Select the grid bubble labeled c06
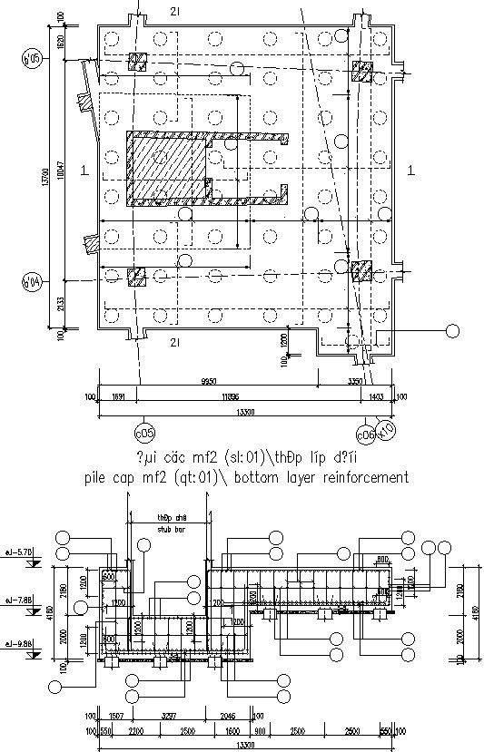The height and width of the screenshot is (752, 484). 367,434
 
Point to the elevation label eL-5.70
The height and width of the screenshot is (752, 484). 19,552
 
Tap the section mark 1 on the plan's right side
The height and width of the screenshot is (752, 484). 410,170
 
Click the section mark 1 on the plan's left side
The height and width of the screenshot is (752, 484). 83,170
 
